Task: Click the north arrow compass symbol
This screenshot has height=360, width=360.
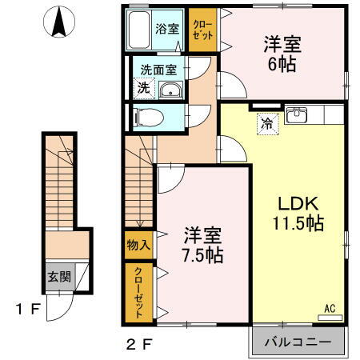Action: [x=58, y=22]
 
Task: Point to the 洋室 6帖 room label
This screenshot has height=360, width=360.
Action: [x=282, y=54]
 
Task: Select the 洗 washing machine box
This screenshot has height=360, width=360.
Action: [x=142, y=87]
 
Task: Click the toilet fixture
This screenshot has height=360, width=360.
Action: [x=148, y=118]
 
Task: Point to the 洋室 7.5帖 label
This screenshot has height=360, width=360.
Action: [x=201, y=245]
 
